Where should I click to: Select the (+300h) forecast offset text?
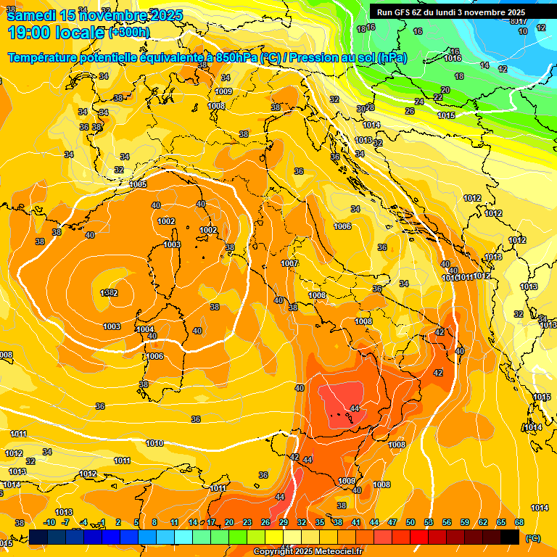coord(129,33)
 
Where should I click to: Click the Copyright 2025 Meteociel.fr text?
coord(308,551)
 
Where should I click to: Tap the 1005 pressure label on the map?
coord(139,185)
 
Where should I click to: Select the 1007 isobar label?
coord(289,263)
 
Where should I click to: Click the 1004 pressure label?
coord(145,329)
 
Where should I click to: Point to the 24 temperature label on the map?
coord(419,102)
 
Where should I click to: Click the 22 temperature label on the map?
coord(438,97)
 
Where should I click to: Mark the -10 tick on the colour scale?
coord(49,522)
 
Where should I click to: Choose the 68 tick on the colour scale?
coord(519,522)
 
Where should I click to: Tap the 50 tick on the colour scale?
coord(410,522)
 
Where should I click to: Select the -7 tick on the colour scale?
coord(65,522)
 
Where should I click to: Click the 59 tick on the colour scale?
coord(465,522)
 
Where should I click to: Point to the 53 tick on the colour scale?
coord(429,522)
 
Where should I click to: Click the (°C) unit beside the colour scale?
coord(532,538)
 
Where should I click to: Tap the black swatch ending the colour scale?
coord(510,537)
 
